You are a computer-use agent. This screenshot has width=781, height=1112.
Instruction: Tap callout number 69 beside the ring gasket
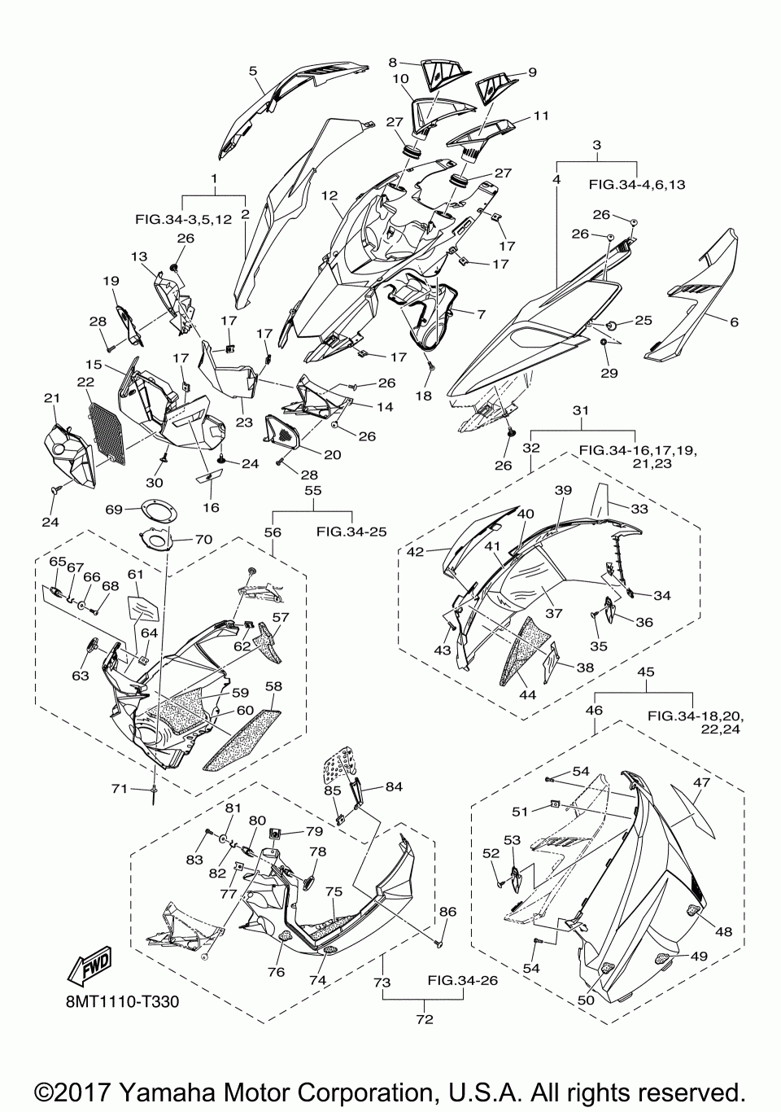[114, 510]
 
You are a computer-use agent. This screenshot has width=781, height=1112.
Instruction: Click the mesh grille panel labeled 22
[107, 432]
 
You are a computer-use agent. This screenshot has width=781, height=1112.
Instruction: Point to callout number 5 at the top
[254, 71]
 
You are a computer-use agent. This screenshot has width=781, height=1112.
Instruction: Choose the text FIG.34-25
[351, 532]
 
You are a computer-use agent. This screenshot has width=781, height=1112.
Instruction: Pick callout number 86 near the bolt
[447, 912]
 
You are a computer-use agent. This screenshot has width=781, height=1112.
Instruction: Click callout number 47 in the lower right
[701, 781]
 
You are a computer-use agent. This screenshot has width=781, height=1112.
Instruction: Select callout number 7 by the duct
[481, 313]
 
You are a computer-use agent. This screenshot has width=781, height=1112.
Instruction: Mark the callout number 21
[51, 397]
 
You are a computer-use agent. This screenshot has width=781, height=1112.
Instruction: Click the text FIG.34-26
[462, 980]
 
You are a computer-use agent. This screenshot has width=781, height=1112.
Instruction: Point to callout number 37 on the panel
[554, 613]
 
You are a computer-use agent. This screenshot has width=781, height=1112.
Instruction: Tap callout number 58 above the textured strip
[273, 685]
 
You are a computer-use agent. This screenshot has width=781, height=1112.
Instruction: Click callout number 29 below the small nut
[609, 372]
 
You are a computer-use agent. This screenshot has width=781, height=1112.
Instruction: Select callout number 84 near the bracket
[394, 786]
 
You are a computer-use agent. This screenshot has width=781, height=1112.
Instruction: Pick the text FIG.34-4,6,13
[637, 185]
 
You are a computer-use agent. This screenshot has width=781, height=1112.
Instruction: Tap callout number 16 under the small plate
[211, 507]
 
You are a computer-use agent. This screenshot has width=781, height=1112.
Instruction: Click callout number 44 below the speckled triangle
[527, 694]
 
